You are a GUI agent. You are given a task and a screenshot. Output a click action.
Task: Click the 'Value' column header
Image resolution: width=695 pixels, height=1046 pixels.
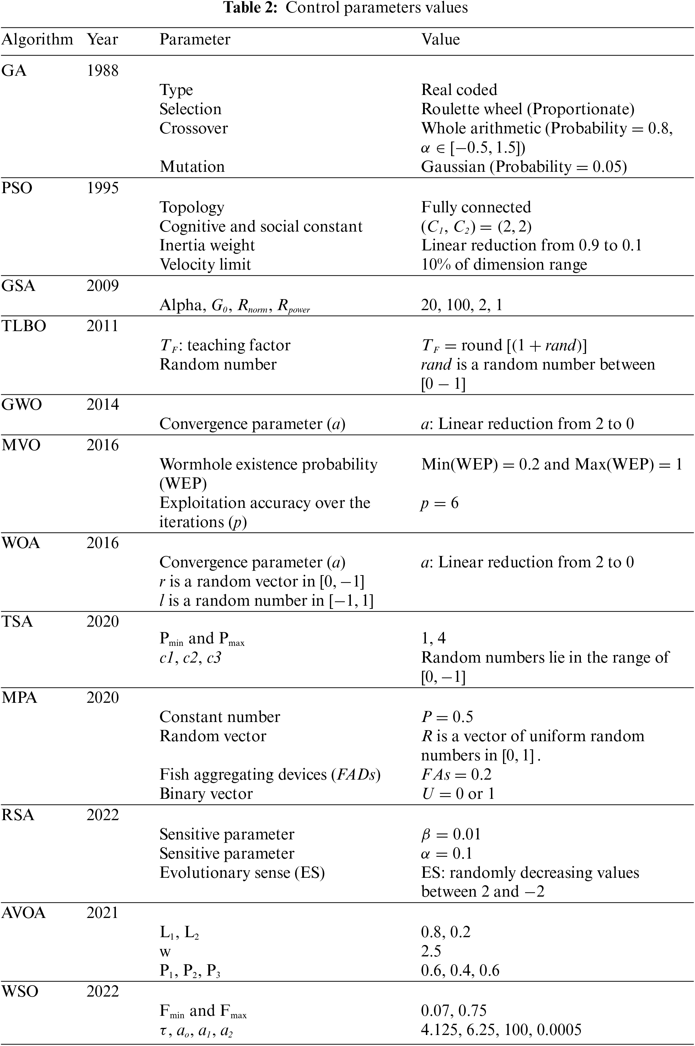click(440, 39)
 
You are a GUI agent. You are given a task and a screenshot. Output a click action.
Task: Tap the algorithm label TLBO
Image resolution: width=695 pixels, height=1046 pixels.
click(23, 326)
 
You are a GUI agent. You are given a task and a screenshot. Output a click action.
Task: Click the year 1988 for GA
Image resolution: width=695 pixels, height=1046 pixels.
click(102, 70)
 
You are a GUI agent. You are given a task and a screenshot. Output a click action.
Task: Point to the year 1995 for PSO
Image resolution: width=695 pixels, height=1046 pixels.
click(102, 188)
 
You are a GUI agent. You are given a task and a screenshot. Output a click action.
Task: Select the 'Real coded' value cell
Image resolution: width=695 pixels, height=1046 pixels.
click(459, 90)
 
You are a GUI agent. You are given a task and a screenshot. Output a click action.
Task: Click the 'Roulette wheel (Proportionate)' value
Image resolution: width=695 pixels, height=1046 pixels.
click(528, 109)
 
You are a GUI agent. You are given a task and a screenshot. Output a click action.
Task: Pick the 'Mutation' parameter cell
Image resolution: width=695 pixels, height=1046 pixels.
click(192, 167)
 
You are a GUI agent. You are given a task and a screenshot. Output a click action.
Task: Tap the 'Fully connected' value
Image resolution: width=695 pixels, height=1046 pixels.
click(476, 207)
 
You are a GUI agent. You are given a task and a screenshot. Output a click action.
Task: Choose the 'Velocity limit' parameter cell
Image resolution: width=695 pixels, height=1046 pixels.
click(205, 265)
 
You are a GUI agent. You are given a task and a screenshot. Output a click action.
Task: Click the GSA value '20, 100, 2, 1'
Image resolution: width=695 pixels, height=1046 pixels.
click(461, 305)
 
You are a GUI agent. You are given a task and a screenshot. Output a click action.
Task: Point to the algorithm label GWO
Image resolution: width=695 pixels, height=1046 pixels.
click(22, 404)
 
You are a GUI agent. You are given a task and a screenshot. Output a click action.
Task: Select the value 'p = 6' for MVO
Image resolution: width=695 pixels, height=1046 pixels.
click(439, 503)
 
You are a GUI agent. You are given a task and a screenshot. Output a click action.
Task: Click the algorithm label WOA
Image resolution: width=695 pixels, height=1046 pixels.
click(21, 543)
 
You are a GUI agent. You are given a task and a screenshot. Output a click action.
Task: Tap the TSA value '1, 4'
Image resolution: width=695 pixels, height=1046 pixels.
click(433, 638)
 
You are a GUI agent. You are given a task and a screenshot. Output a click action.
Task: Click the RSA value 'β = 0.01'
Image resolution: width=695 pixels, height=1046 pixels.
click(450, 834)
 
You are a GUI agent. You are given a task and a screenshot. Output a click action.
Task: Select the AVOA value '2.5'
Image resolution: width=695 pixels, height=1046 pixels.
click(431, 951)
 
